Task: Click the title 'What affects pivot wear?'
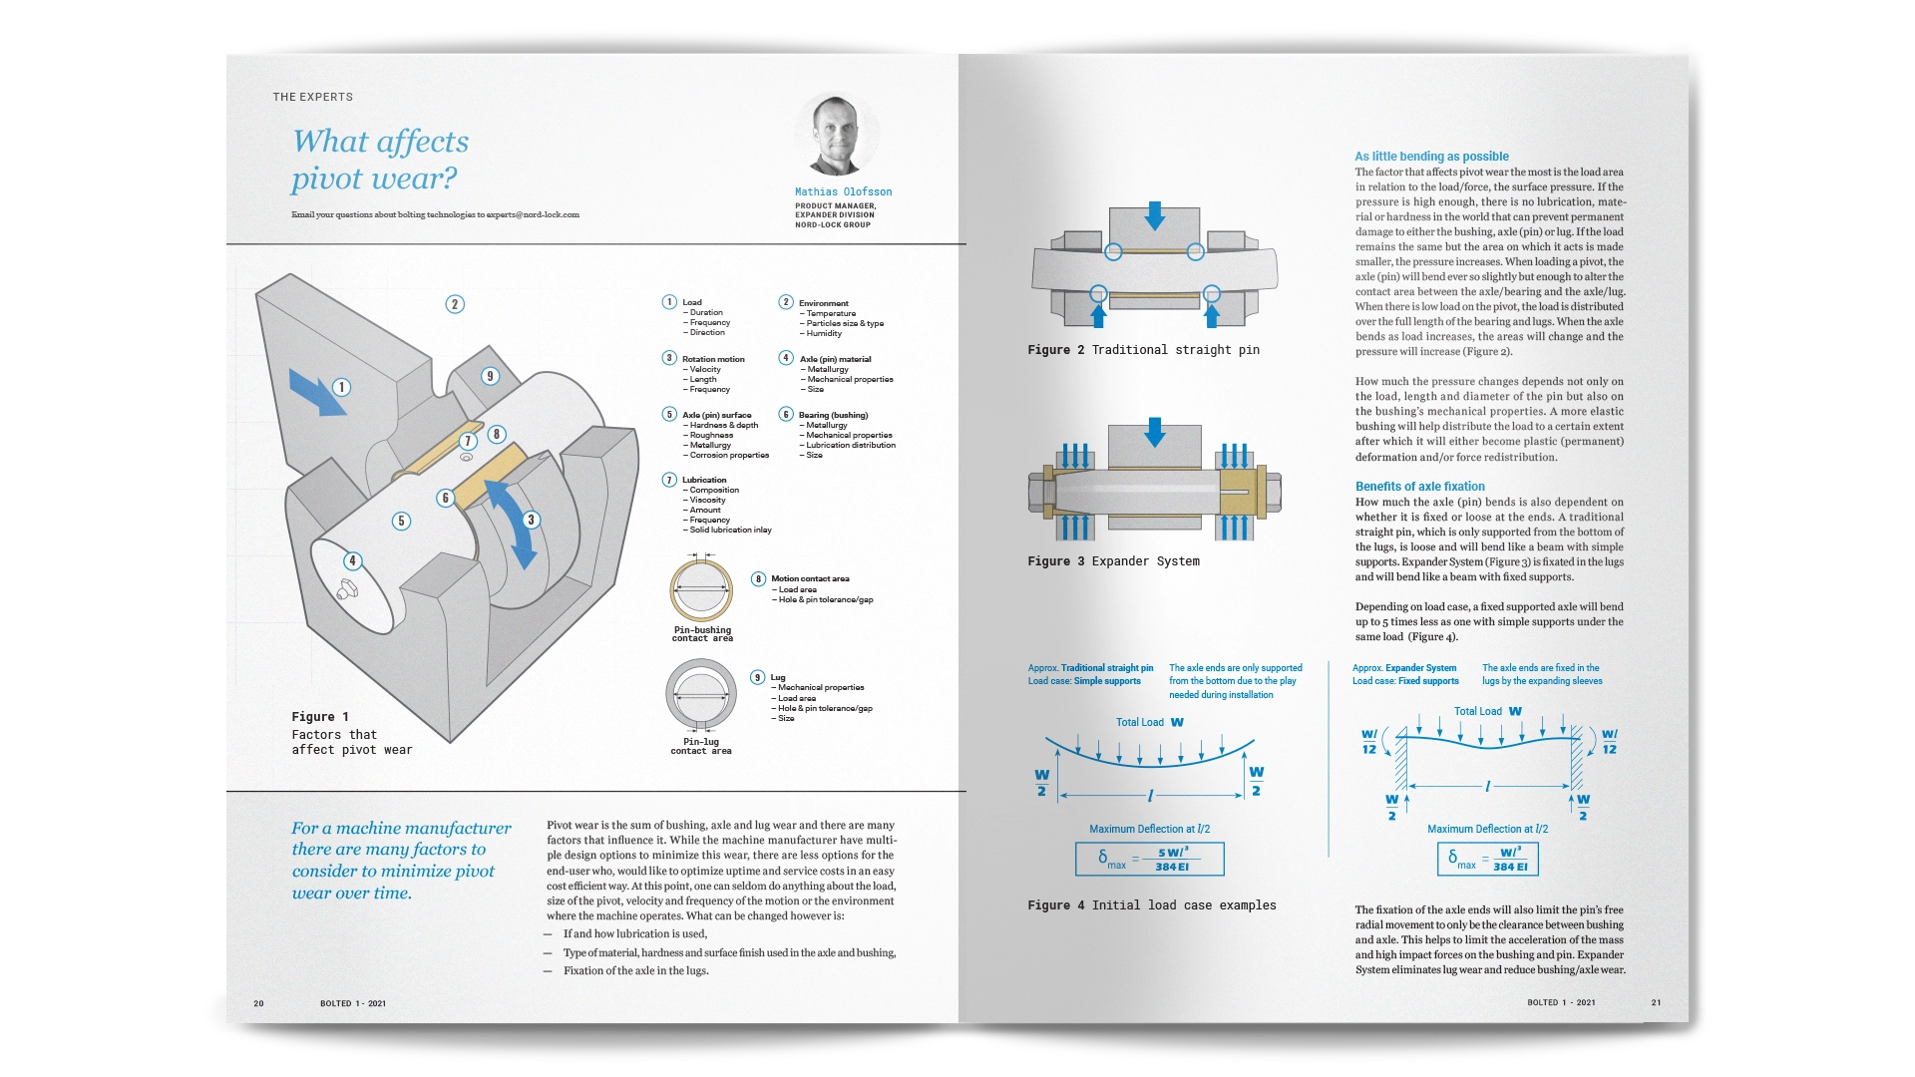point(380,160)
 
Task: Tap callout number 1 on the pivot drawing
point(341,387)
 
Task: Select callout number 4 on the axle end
point(352,560)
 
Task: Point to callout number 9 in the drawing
point(490,376)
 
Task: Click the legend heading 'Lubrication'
point(704,480)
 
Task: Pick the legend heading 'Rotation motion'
point(712,359)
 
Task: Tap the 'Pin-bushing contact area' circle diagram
point(701,590)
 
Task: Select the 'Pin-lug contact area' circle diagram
point(701,696)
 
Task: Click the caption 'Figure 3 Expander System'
point(1113,561)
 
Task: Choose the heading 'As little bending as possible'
point(1431,157)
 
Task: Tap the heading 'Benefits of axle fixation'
point(1419,487)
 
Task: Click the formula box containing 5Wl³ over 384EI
point(1149,859)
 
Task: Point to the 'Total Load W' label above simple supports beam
point(1149,722)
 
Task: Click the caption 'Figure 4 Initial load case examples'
point(1151,905)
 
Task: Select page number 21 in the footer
point(1656,1002)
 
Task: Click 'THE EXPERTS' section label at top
point(313,97)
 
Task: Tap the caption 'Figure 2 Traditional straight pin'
point(1143,350)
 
